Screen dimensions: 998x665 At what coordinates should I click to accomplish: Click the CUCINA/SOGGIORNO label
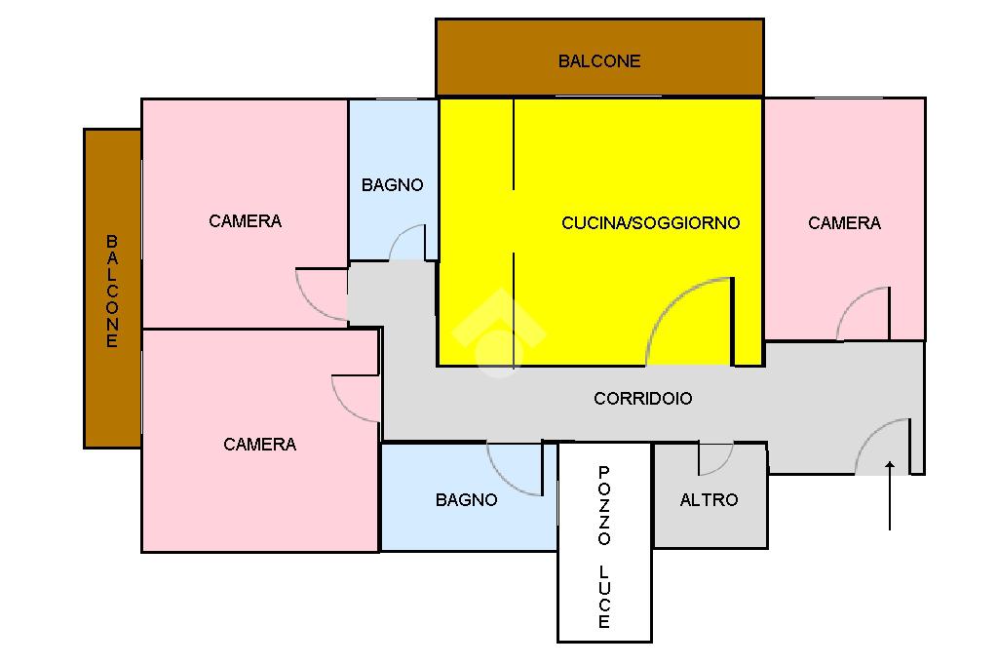click(650, 223)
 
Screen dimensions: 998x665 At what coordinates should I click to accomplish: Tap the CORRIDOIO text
click(643, 399)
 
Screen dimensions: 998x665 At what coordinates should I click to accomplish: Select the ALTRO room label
click(710, 500)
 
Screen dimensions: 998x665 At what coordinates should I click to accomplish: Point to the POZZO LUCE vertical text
click(604, 547)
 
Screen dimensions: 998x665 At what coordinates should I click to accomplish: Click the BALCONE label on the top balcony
click(599, 61)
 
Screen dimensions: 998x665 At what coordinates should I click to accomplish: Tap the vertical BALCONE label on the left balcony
click(112, 292)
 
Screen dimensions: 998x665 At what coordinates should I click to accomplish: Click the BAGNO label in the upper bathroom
click(392, 185)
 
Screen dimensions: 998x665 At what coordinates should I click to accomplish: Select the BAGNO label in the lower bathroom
click(467, 500)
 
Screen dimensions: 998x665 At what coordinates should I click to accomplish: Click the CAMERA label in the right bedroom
click(845, 223)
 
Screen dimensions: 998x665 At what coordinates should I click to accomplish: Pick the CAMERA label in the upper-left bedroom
click(245, 221)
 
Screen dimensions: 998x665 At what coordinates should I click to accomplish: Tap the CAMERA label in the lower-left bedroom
click(259, 444)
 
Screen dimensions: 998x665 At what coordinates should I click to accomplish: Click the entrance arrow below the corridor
click(889, 495)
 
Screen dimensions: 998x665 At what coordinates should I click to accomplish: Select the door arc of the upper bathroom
click(399, 232)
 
